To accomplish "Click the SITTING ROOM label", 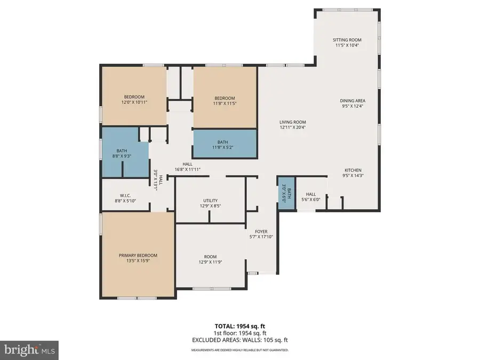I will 347,40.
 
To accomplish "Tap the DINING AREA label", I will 353,100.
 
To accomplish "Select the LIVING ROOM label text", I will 292,122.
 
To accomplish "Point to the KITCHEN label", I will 353,170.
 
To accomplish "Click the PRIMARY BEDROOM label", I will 138,255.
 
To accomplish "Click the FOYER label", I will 261,231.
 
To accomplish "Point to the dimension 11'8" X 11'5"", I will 225,104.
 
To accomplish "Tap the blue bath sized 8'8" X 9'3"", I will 122,154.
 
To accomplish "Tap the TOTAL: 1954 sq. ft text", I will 239,325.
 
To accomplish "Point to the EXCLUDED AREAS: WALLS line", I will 239,340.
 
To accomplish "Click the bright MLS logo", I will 29,350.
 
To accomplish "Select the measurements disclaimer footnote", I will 239,350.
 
